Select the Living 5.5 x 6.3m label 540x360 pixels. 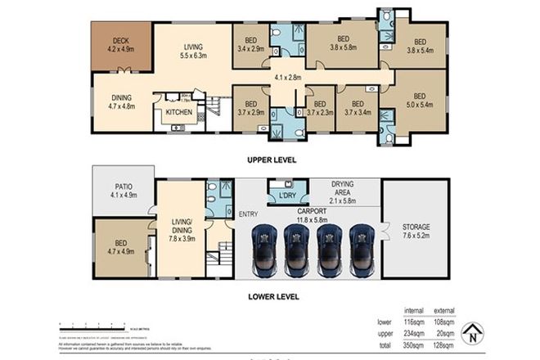click(195, 52)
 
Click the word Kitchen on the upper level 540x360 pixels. click(178, 112)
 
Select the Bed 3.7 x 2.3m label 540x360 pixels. click(319, 108)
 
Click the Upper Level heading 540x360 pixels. click(272, 160)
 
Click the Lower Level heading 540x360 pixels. click(272, 296)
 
